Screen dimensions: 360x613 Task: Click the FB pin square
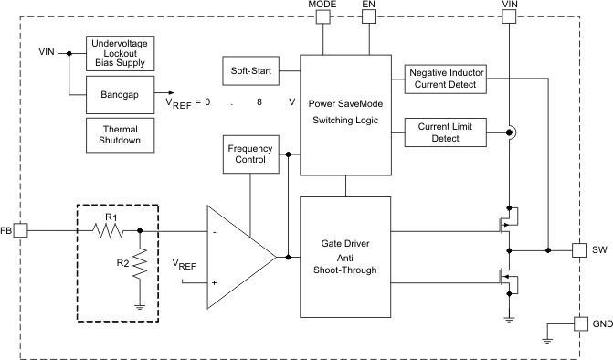[20, 231]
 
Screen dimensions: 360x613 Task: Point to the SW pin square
[578, 249]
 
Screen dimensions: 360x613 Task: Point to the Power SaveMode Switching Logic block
[346, 114]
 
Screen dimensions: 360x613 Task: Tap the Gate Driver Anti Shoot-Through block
[346, 258]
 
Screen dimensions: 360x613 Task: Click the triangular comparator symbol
[235, 257]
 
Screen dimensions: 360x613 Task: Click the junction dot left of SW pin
[547, 249]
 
